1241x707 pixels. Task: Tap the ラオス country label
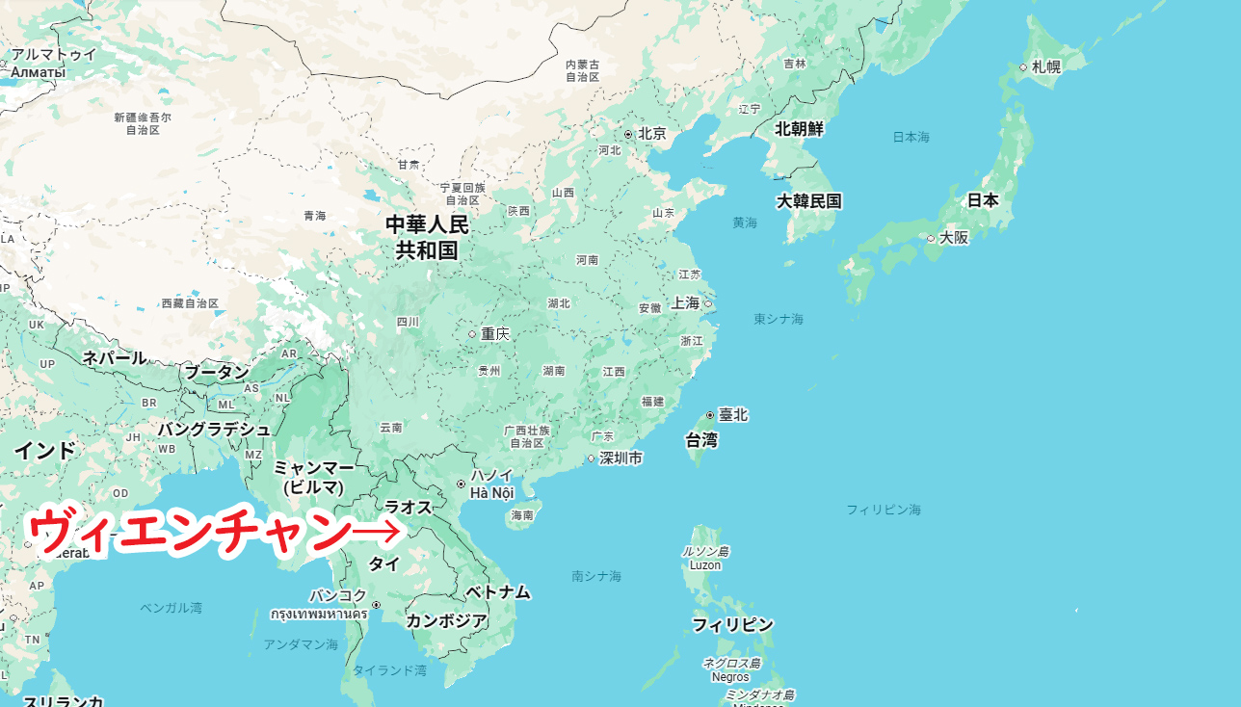click(408, 507)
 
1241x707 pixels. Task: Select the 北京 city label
click(652, 134)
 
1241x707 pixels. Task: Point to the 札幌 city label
click(1046, 67)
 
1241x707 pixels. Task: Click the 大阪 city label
click(954, 237)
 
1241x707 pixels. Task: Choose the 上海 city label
click(685, 302)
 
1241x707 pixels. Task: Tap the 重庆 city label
click(495, 334)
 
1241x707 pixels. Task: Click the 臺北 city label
click(733, 415)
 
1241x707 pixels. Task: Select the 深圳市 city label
click(620, 458)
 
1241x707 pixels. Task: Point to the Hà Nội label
click(491, 493)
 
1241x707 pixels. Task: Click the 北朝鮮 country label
click(800, 129)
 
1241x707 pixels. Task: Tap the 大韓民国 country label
click(809, 201)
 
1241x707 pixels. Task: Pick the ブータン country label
click(217, 372)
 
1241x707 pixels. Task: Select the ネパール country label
click(115, 357)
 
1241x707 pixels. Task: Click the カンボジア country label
click(446, 621)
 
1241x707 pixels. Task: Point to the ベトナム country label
click(498, 591)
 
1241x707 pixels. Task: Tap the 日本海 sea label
click(911, 138)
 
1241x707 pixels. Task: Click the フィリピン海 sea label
click(884, 509)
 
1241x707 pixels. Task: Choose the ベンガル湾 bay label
click(171, 608)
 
